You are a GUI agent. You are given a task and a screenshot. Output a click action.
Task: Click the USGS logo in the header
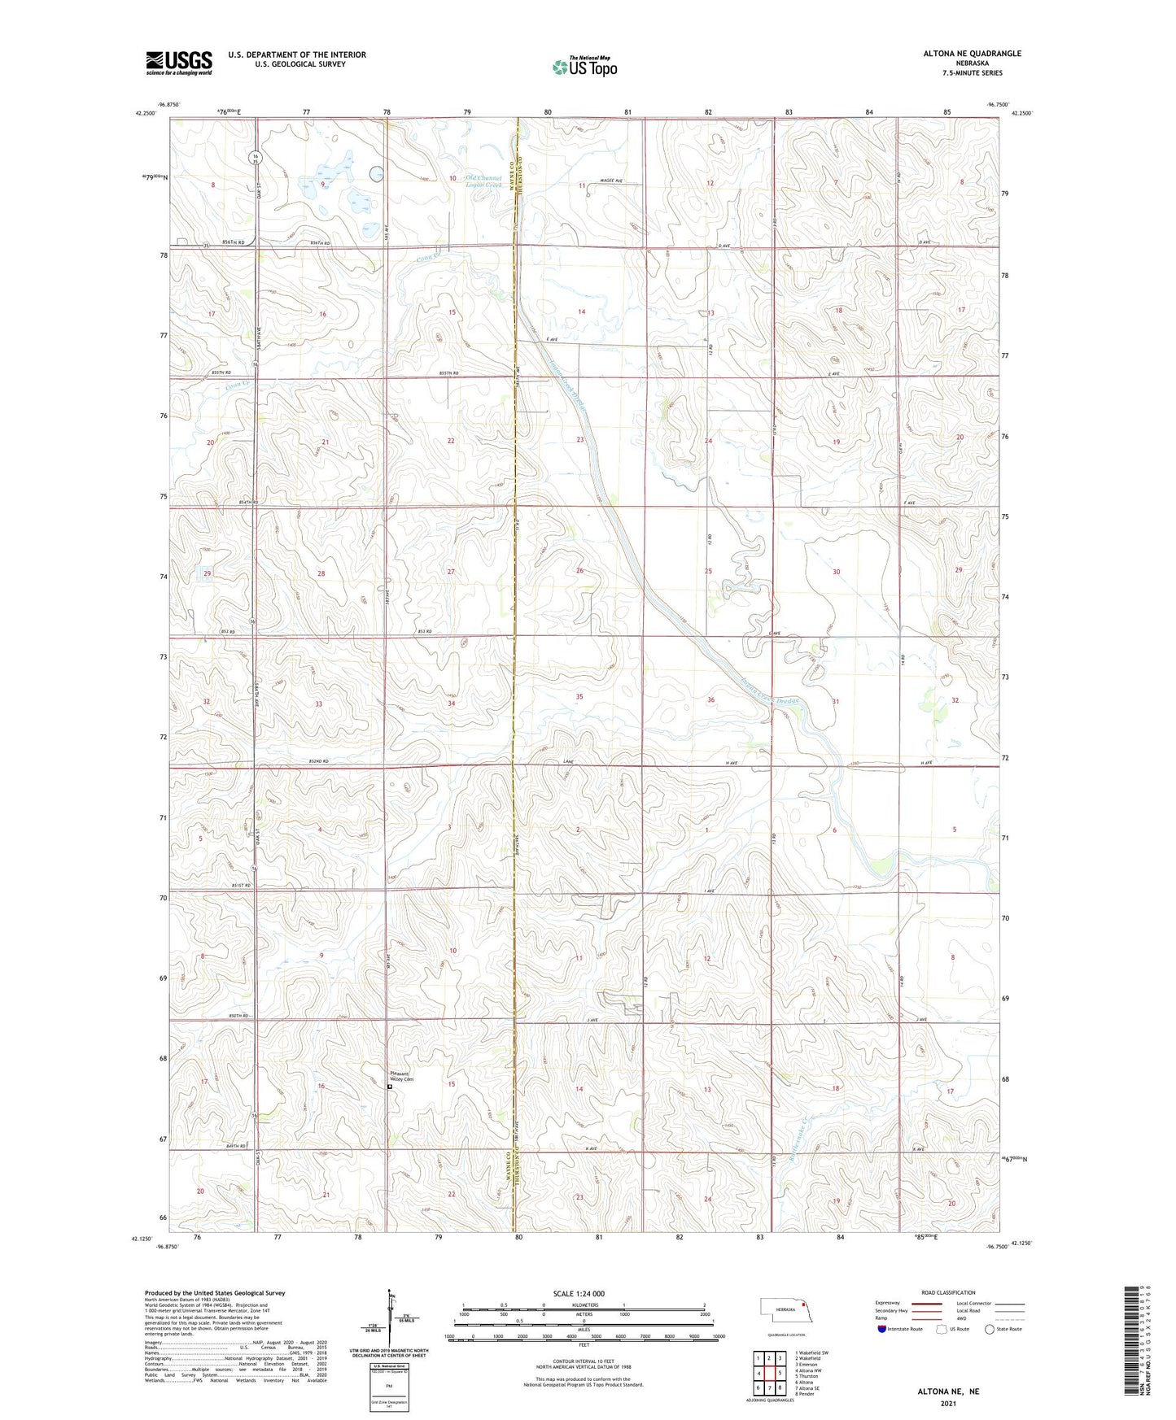[178, 62]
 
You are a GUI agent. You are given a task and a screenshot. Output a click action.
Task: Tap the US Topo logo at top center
[584, 66]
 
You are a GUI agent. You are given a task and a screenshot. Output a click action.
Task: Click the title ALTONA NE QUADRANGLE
[972, 54]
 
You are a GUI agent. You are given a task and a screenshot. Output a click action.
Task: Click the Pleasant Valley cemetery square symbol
[390, 1087]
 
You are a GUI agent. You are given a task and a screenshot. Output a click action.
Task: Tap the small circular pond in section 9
[377, 173]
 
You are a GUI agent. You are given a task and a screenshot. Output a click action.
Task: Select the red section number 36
[710, 700]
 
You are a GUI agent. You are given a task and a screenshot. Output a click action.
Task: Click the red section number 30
[836, 572]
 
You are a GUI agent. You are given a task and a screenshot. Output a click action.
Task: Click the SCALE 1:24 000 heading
[579, 1294]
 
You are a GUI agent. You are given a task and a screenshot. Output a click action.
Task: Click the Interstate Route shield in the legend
[883, 1330]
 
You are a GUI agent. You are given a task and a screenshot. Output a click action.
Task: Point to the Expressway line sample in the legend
[935, 1304]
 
